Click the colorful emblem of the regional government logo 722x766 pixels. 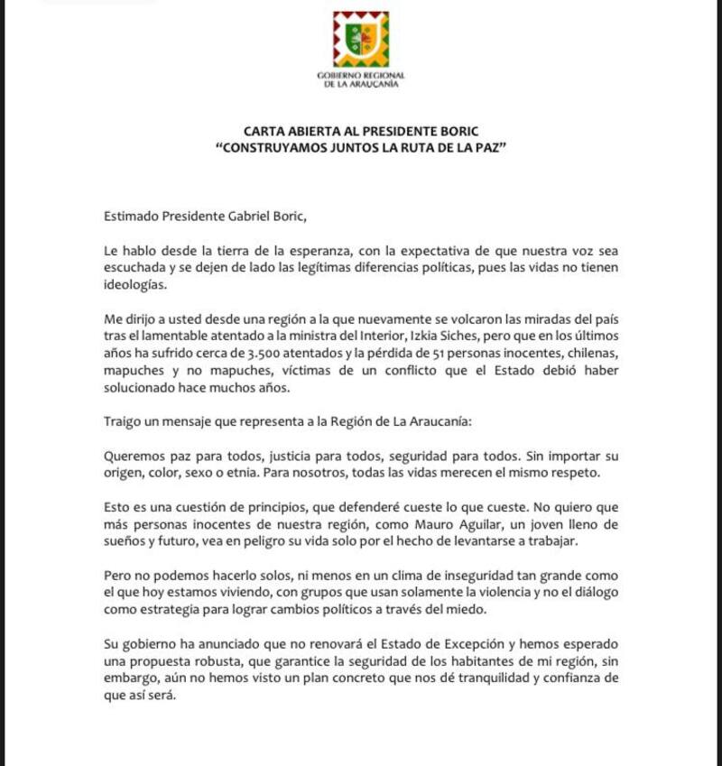(x=361, y=39)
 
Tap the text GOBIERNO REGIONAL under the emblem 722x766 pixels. (x=361, y=74)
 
